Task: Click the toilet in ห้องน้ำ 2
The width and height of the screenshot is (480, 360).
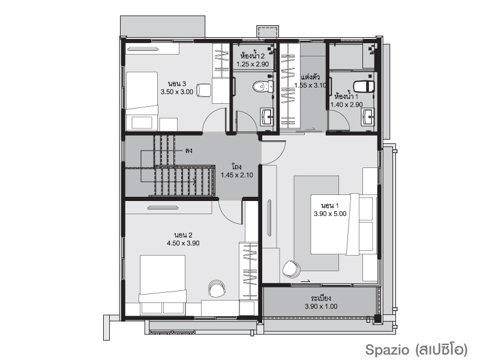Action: (x=263, y=86)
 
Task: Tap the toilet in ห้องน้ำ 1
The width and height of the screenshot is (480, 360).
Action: (x=364, y=86)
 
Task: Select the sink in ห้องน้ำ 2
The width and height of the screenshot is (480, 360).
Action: (x=268, y=116)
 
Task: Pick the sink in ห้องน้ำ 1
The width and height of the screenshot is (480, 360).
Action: (x=368, y=116)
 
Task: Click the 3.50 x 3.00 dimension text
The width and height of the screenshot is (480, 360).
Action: (x=177, y=92)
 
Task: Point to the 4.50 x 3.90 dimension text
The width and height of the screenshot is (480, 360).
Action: (x=183, y=244)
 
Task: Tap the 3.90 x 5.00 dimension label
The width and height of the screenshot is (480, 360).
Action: (x=330, y=214)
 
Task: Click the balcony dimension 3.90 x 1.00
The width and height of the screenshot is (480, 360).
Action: (x=321, y=307)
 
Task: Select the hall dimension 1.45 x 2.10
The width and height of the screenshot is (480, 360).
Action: (x=237, y=175)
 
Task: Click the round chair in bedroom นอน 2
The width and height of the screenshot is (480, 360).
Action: (x=217, y=288)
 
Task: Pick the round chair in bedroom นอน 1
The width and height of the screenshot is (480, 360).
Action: (x=291, y=269)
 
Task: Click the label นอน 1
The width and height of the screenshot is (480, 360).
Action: (x=329, y=206)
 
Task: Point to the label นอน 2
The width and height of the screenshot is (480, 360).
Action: (x=183, y=235)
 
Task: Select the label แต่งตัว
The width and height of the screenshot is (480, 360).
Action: (x=310, y=77)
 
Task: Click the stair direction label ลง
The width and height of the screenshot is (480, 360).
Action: (x=188, y=151)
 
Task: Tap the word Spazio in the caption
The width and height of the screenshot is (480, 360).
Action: (x=387, y=350)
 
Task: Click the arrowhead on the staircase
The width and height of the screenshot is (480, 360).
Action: (x=194, y=182)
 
